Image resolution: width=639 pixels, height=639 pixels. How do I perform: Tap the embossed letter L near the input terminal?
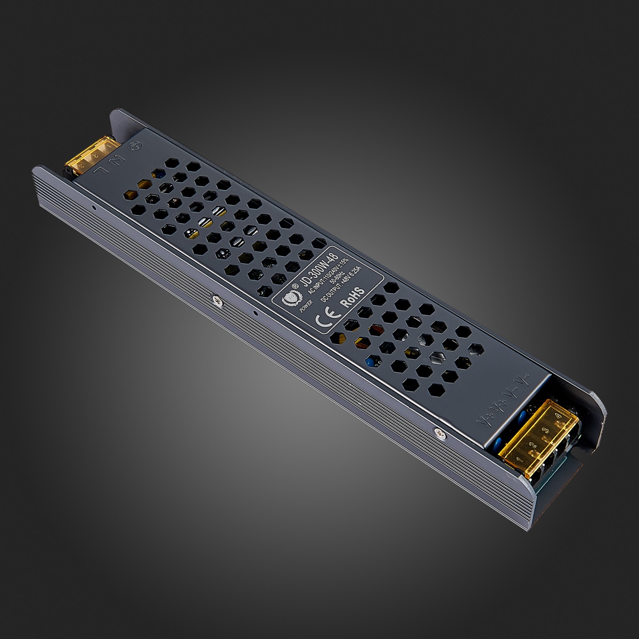(102, 169)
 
